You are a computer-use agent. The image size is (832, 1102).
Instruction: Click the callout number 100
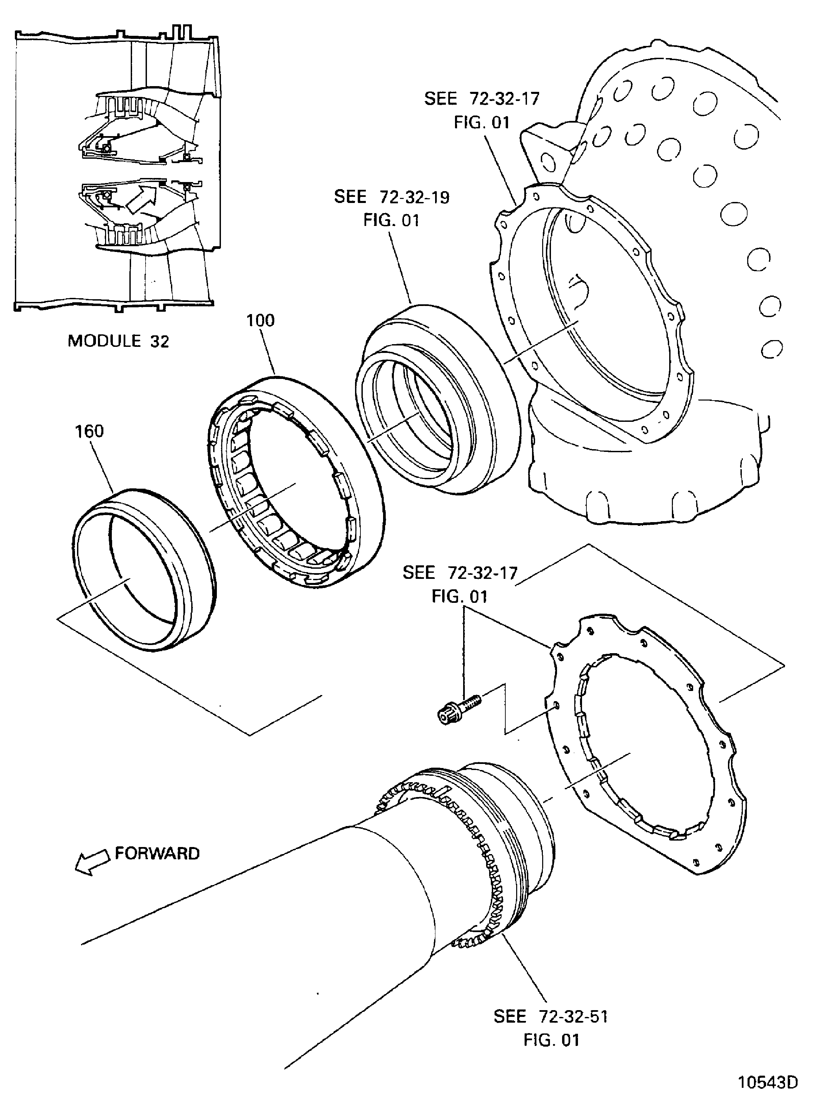click(260, 321)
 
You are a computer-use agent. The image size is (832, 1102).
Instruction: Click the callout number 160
click(89, 431)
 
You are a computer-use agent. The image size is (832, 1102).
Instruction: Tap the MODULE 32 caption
click(118, 341)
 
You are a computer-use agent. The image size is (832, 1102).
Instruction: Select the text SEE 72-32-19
click(392, 197)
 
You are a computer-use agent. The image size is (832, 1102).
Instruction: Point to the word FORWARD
click(157, 853)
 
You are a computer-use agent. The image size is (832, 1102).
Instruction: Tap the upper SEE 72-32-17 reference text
click(482, 99)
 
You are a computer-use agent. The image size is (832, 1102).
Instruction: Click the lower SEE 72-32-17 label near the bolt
click(460, 573)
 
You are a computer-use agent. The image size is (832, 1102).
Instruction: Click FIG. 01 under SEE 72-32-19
click(391, 220)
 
